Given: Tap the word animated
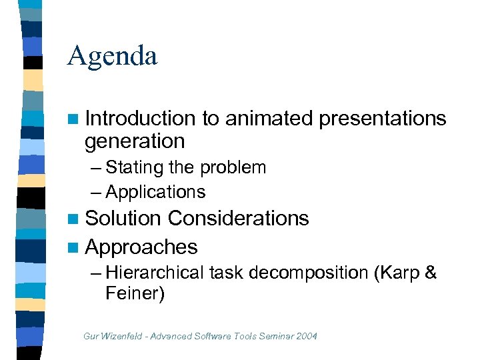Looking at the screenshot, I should pos(269,119).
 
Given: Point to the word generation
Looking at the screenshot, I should pos(135,141).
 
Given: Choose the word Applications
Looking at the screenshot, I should pos(155,192).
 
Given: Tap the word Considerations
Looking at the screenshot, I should pos(238,219).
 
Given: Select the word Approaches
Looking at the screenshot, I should pos(141,247).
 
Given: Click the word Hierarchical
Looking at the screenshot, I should pos(155,273).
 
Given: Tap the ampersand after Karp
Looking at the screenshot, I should pos(430,273).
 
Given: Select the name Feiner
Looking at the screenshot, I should pos(134,293).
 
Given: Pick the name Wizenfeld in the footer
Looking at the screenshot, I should pos(121,336).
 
